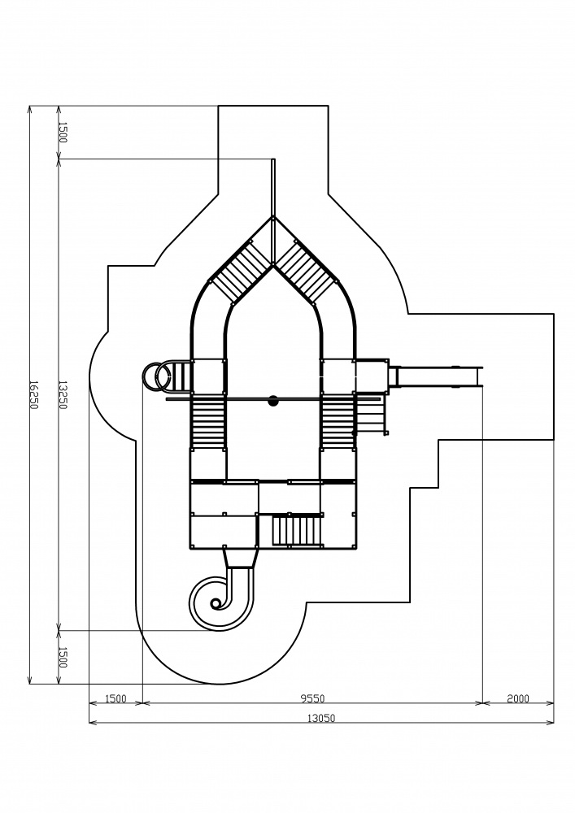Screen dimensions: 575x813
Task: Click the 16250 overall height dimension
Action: (x=33, y=394)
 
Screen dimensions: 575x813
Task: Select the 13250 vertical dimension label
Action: (x=63, y=394)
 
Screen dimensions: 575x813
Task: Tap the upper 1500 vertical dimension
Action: (x=63, y=133)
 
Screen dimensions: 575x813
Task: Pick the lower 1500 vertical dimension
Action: (x=63, y=657)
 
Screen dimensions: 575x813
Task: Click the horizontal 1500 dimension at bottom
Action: (x=115, y=698)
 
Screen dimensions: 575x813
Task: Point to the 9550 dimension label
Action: (x=312, y=698)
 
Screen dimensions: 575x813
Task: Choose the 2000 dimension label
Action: (x=518, y=698)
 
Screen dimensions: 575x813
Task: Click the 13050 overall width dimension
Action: (x=321, y=718)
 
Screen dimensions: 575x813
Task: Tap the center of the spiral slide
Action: (x=216, y=603)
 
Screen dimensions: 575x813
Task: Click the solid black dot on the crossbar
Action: (x=273, y=400)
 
